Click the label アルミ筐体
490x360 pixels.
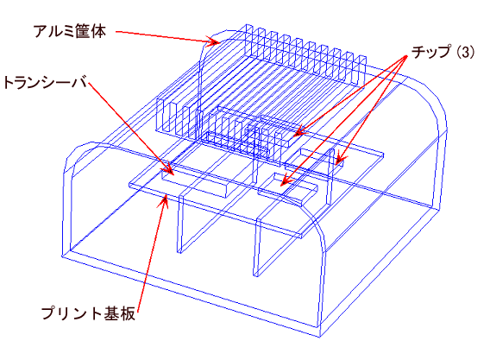coord(70,31)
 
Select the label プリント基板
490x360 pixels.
coord(89,313)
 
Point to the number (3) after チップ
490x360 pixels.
coord(466,52)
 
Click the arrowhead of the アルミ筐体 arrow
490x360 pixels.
coord(214,41)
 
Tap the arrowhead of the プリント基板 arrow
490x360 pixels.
coord(163,201)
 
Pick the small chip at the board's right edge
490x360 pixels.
coord(322,157)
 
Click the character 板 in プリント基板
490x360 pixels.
coord(129,313)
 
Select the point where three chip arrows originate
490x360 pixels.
coord(407,56)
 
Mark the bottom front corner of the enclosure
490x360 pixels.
coord(320,338)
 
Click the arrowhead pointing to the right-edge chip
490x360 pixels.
coord(340,159)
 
